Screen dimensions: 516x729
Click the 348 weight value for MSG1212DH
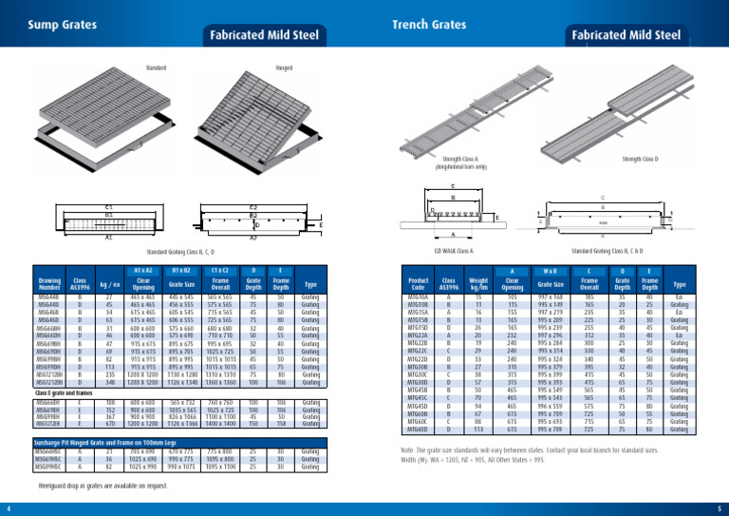click(x=109, y=356)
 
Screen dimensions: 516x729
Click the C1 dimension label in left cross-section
click(x=109, y=206)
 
